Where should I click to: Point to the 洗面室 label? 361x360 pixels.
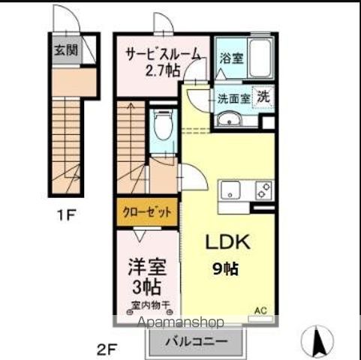[232, 98]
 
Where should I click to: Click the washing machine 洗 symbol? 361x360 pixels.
[264, 96]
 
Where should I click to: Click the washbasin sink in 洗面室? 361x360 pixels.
[227, 119]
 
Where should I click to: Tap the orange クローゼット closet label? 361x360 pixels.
[148, 212]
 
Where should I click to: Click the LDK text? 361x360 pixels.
[223, 243]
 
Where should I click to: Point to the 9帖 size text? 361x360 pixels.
[224, 268]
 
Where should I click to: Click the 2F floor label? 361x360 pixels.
[107, 349]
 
